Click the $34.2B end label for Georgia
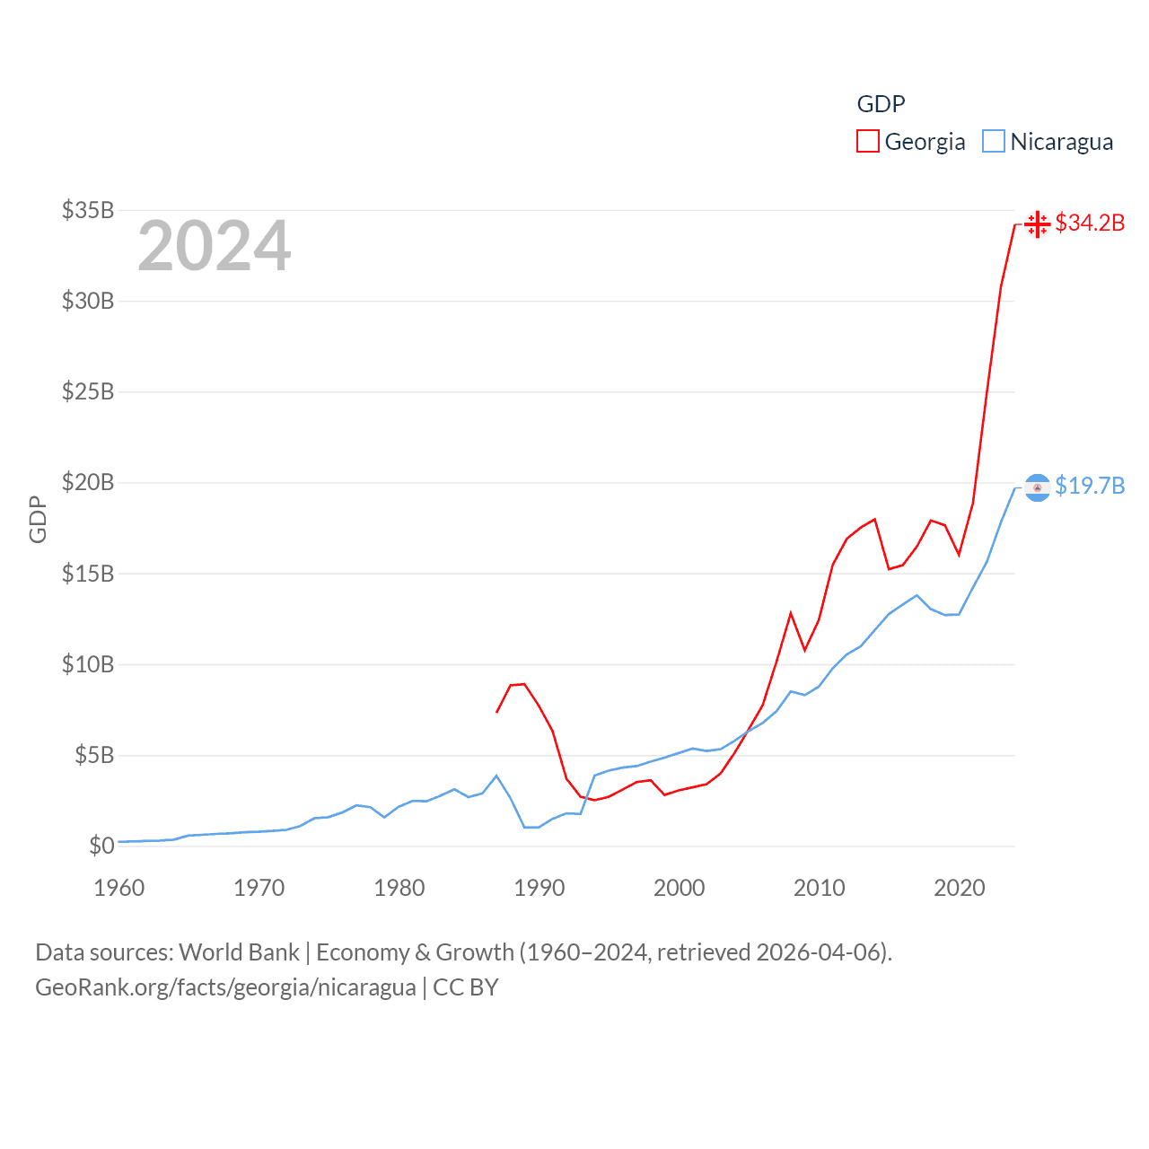[x=1090, y=223]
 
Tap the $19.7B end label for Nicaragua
[x=1090, y=486]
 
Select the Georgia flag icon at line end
[x=1038, y=224]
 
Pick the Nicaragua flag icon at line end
[x=1038, y=487]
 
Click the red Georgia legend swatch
[x=867, y=142]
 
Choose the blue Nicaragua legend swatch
[x=993, y=142]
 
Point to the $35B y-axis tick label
[x=88, y=210]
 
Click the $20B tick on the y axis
[x=88, y=482]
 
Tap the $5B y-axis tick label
[x=93, y=755]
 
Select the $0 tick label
[x=101, y=846]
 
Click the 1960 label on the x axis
[x=118, y=888]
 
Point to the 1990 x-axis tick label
[x=539, y=888]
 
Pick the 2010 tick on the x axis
[x=819, y=888]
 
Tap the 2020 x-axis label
[x=959, y=888]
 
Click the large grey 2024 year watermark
[x=214, y=246]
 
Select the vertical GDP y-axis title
[x=38, y=519]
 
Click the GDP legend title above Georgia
[x=881, y=104]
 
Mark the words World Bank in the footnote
[x=239, y=952]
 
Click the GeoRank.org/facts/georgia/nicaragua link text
[x=225, y=987]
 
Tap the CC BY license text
[x=465, y=987]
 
